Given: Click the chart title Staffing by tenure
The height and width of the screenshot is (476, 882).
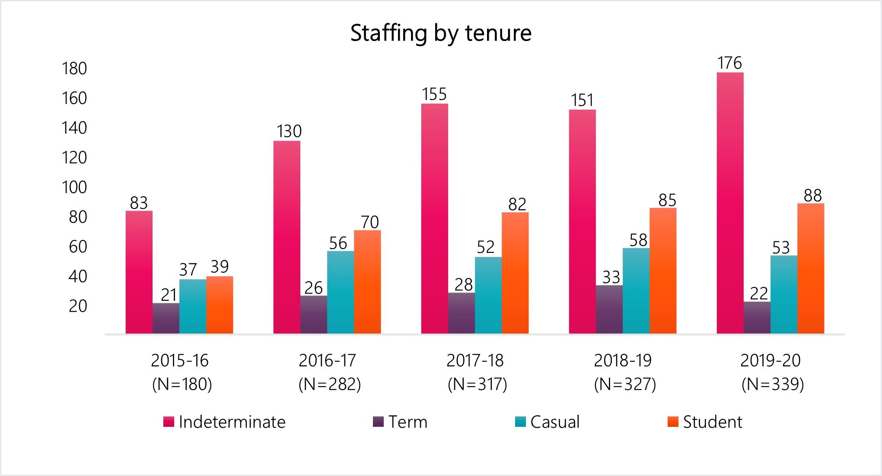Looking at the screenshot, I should click(441, 33).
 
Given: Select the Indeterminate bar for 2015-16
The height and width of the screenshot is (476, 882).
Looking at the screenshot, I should click(139, 272).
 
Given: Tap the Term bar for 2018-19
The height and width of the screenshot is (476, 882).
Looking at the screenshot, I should click(609, 309).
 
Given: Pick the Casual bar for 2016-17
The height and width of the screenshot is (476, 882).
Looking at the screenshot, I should click(341, 292).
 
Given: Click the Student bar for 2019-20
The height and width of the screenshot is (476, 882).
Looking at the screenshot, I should click(811, 268).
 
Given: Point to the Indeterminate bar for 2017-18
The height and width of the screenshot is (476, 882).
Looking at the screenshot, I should click(435, 218).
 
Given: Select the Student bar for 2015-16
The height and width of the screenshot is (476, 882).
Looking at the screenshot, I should click(220, 305).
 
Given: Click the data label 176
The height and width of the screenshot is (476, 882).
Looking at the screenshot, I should click(729, 63).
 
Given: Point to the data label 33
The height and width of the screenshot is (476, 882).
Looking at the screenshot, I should click(611, 277).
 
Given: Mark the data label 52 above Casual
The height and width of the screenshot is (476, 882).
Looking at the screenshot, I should click(485, 247).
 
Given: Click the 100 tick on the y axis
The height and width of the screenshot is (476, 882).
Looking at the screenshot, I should click(74, 187).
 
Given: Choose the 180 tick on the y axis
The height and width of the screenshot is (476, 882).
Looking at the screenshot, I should click(74, 69).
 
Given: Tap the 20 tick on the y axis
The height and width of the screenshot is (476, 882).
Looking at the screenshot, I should click(78, 306).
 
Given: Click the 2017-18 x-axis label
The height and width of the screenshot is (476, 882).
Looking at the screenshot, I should click(475, 360).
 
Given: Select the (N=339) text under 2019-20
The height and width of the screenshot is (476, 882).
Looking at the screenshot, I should click(773, 384).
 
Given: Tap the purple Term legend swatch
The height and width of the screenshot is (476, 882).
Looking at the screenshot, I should click(378, 422).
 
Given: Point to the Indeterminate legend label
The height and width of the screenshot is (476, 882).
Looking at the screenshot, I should click(232, 422).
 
